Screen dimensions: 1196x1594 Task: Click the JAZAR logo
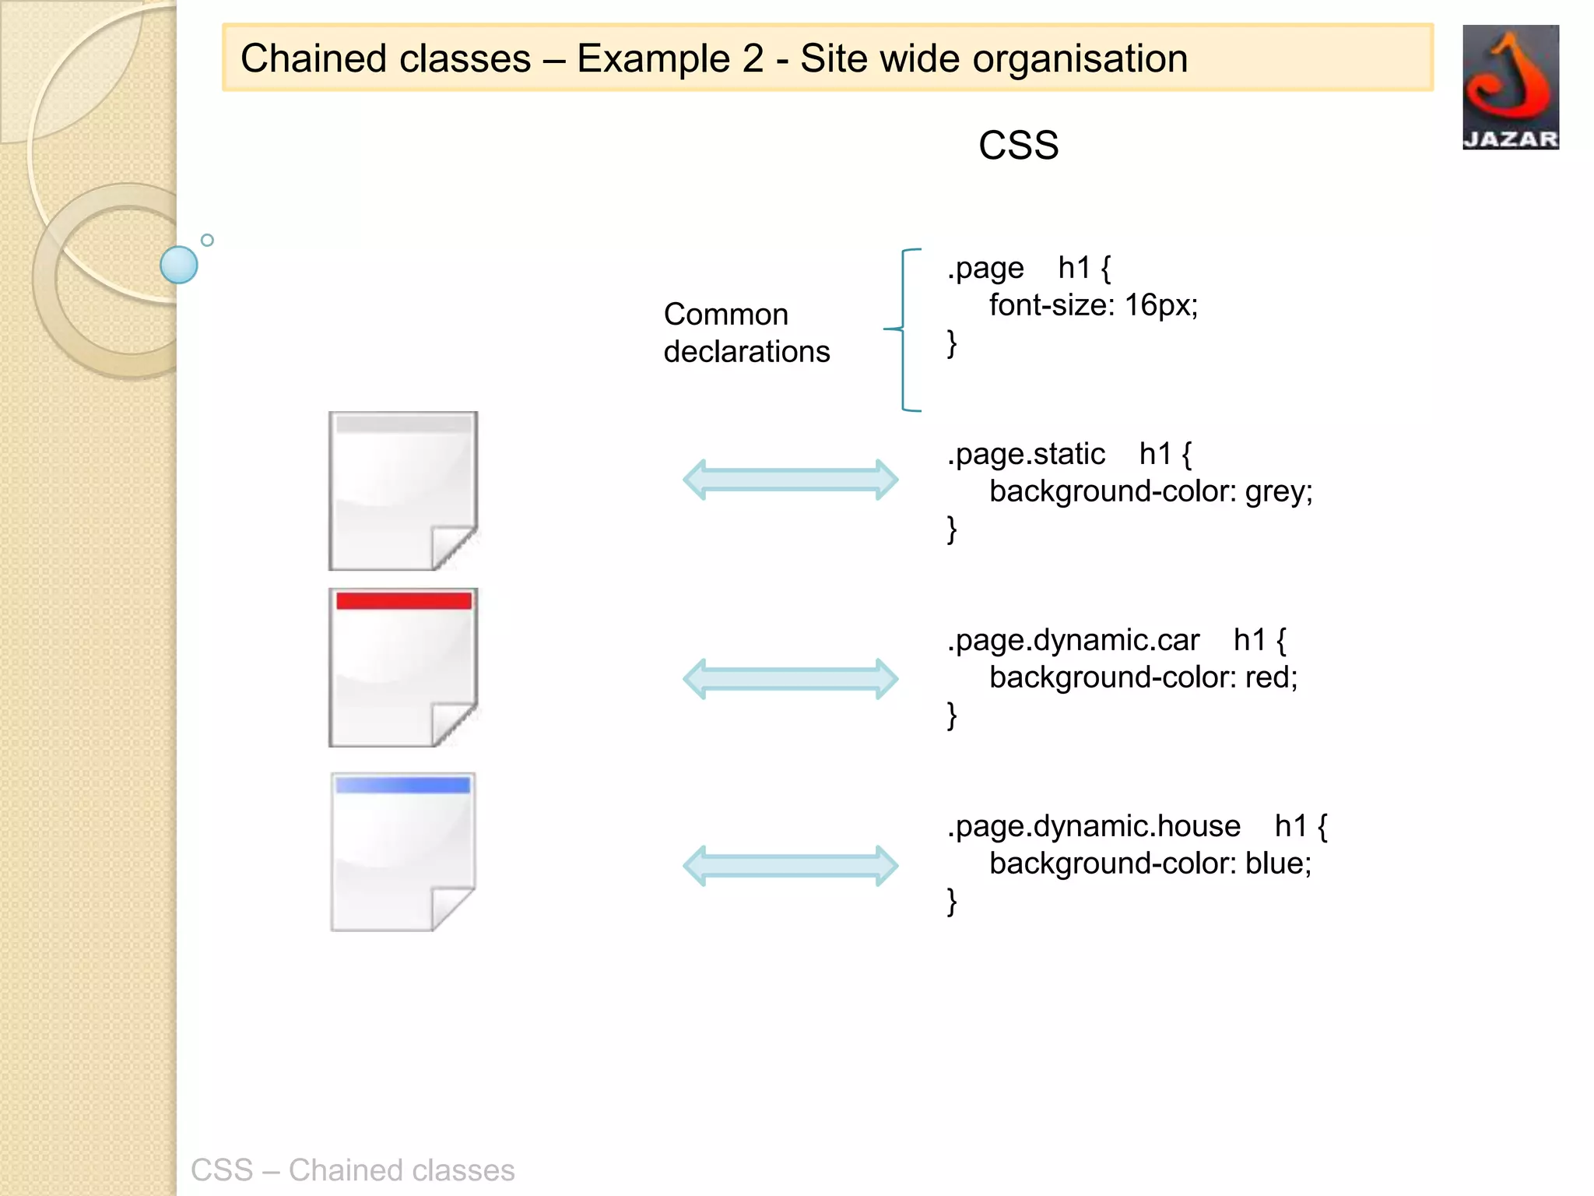point(1510,87)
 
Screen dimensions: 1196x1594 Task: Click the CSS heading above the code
point(1018,146)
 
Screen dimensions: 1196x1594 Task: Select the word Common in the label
point(725,315)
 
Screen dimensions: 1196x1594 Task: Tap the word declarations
point(746,352)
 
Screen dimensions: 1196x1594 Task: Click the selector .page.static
point(1026,454)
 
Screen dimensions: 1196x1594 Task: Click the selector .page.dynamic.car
point(1073,640)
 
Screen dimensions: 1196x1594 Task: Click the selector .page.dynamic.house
point(1094,826)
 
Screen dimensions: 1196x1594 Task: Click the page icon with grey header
point(403,491)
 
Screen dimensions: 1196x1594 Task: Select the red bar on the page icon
point(404,600)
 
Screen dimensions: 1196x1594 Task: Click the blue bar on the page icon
point(403,786)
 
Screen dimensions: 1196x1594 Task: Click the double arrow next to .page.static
point(790,480)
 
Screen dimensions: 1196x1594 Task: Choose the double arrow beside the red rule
point(790,679)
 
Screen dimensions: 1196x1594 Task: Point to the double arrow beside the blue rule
point(790,866)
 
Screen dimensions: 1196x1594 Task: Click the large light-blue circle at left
point(179,265)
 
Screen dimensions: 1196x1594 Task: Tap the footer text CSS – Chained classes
point(353,1170)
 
